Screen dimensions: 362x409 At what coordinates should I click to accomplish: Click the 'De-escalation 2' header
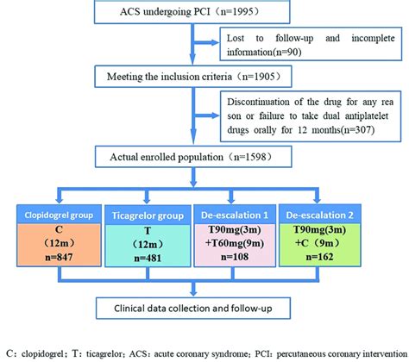click(x=348, y=212)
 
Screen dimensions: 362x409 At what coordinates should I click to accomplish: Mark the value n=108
click(x=249, y=258)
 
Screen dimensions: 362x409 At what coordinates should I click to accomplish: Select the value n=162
click(x=348, y=258)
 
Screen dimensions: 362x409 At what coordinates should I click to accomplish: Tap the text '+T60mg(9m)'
click(x=249, y=243)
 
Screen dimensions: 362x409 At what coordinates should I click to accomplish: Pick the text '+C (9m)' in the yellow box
click(x=348, y=243)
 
